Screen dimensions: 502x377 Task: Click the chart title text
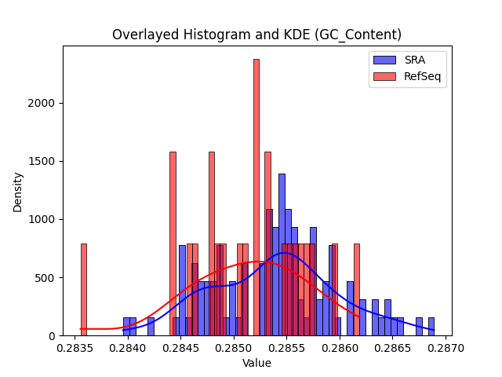[x=256, y=35]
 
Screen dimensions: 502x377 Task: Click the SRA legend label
[x=415, y=60]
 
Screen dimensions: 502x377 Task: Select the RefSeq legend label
[x=422, y=76]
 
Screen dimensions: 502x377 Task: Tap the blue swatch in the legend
[x=384, y=60]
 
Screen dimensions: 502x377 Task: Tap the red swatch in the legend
[x=384, y=76]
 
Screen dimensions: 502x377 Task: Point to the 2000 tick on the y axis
[x=42, y=103]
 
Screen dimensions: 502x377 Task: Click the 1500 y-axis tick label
[x=42, y=161]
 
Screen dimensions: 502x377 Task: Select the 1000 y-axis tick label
[x=42, y=220]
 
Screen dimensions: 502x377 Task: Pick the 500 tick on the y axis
[x=45, y=278]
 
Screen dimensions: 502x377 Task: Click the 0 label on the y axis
[x=52, y=336]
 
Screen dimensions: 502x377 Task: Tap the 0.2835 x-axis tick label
[x=75, y=349]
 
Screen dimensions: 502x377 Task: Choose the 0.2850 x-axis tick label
[x=234, y=349]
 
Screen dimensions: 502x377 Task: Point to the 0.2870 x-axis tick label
[x=446, y=349]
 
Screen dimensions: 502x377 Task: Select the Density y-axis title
[x=17, y=192]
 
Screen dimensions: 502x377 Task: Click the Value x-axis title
[x=256, y=363]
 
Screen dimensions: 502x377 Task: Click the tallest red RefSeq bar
[x=256, y=197]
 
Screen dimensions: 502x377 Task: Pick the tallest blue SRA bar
[x=282, y=254]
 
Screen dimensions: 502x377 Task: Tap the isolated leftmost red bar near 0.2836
[x=84, y=290]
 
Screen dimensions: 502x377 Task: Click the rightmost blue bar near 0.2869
[x=431, y=327]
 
